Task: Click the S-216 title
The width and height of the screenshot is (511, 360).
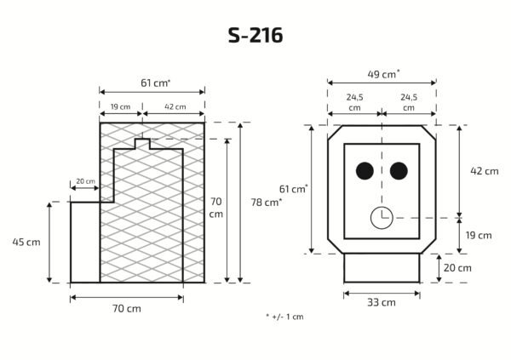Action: click(x=255, y=35)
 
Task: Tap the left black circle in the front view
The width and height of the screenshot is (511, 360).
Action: click(x=365, y=171)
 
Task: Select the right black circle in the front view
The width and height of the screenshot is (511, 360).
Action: click(x=399, y=171)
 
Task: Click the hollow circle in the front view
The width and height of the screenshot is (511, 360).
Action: click(x=382, y=218)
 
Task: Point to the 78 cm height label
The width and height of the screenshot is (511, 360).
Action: click(x=267, y=203)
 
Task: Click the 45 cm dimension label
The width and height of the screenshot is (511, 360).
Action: click(x=26, y=242)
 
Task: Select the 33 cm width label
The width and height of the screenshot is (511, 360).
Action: click(x=382, y=303)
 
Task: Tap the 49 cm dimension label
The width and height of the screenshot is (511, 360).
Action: click(x=383, y=74)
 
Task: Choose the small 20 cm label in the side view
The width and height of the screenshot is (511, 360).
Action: click(x=86, y=181)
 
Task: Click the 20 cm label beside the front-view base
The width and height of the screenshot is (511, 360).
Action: click(x=457, y=268)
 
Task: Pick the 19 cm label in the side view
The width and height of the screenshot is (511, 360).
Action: click(x=120, y=107)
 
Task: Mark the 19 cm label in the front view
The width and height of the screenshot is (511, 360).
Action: click(x=479, y=235)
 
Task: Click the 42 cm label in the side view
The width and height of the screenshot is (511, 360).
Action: click(x=175, y=107)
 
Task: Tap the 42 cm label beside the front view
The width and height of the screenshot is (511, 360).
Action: click(x=485, y=171)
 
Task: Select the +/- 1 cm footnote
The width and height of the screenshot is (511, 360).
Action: click(x=284, y=317)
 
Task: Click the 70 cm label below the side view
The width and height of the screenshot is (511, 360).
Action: click(x=127, y=309)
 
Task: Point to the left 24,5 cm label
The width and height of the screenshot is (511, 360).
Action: click(x=354, y=102)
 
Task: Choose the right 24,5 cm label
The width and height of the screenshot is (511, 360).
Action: click(x=409, y=102)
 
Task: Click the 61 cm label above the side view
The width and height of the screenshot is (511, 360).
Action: click(x=156, y=83)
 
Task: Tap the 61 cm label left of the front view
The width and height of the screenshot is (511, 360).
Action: click(x=293, y=189)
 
